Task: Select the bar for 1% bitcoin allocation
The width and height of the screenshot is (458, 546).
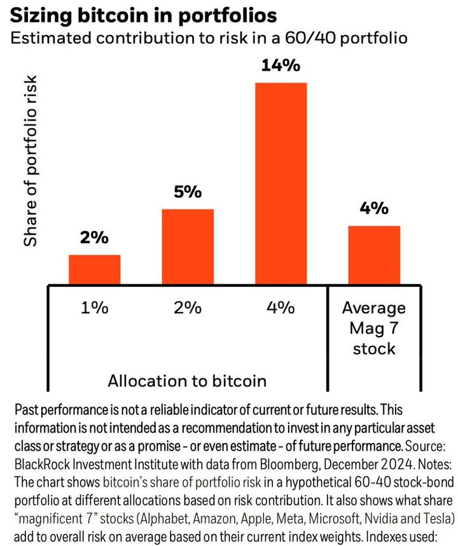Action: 94,269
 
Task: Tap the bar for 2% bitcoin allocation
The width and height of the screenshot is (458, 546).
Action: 188,246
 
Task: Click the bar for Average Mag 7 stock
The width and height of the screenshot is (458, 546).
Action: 374,255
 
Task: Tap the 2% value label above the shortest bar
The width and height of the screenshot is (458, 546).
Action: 94,239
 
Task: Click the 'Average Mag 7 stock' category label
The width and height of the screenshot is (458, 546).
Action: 374,328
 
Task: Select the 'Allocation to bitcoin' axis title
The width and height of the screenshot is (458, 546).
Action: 186,381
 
